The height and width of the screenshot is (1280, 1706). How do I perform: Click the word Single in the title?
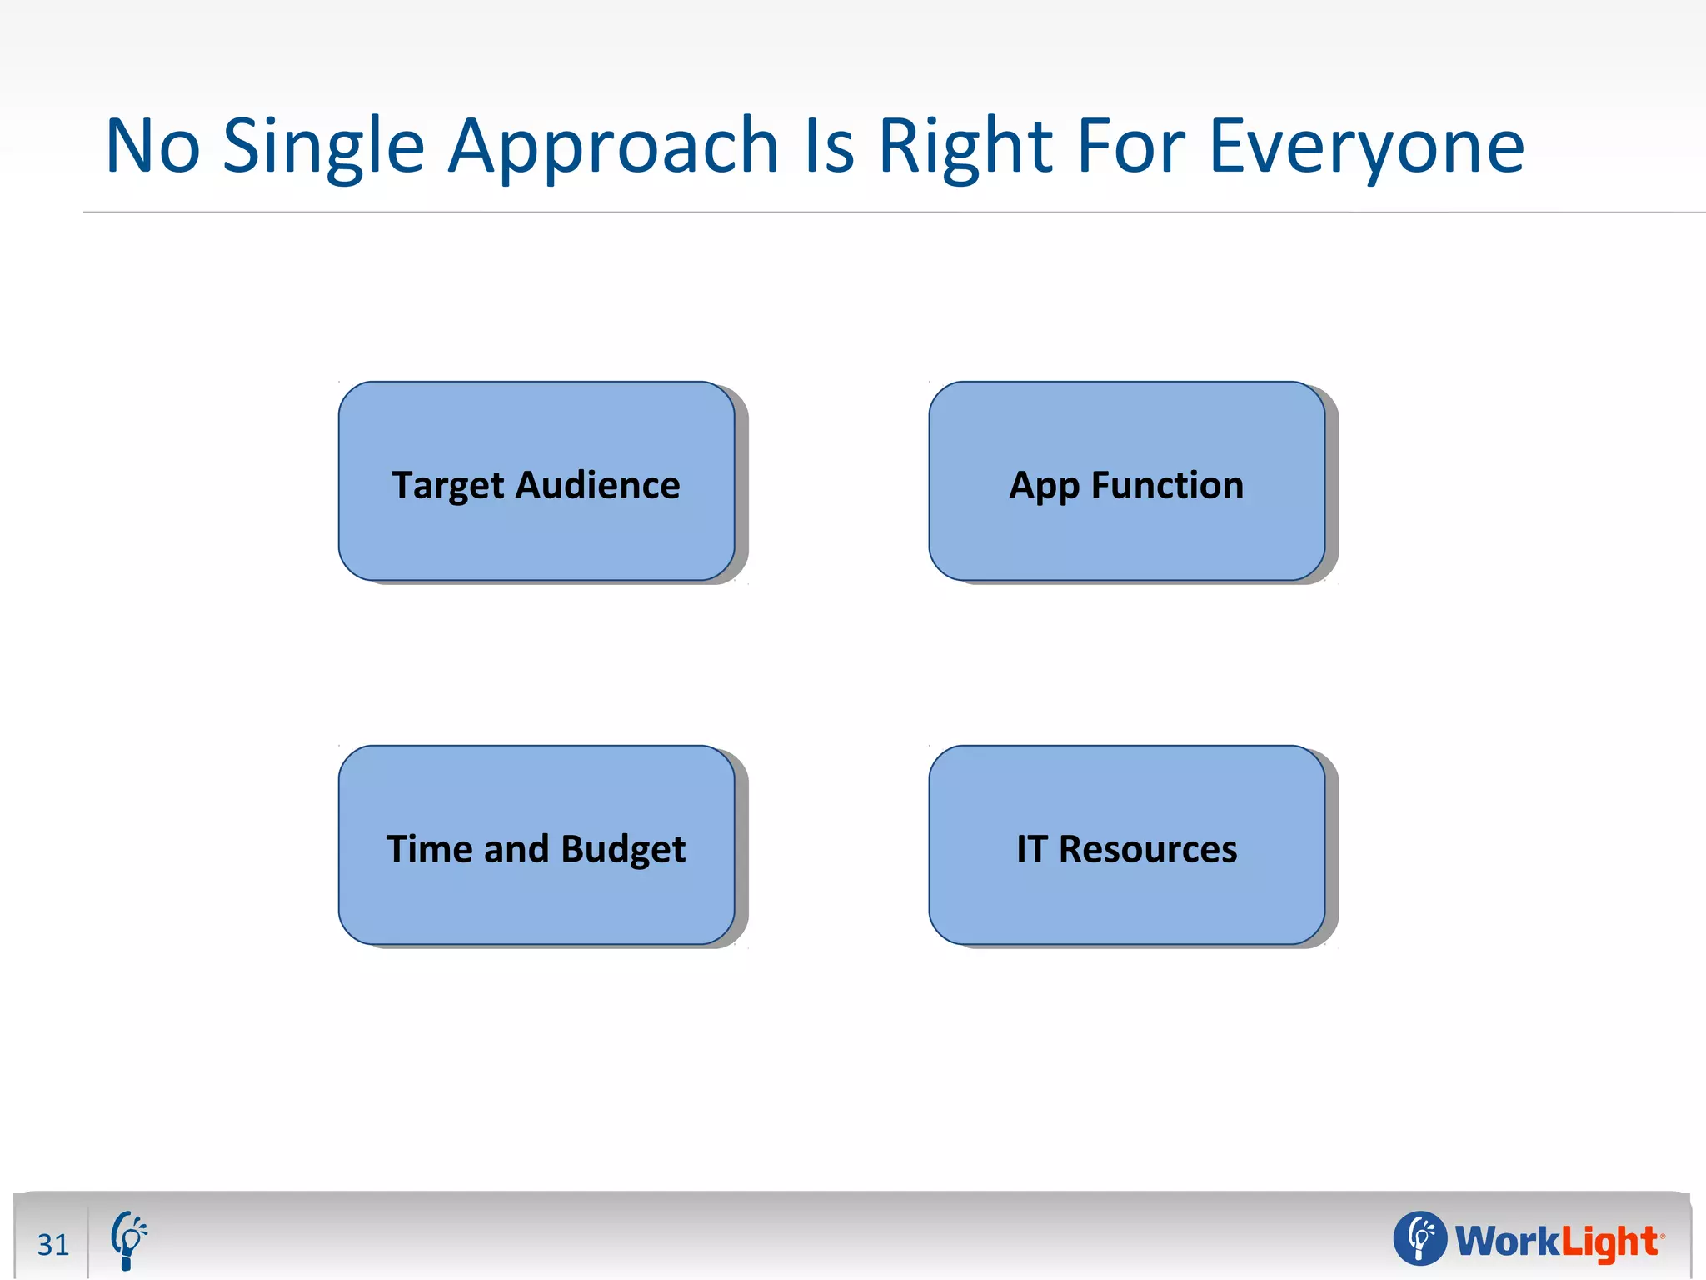tap(323, 147)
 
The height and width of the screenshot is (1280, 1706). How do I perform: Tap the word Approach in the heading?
tap(613, 147)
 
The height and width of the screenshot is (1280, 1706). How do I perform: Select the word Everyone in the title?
tap(1366, 147)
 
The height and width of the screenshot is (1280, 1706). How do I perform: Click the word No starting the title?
tap(153, 147)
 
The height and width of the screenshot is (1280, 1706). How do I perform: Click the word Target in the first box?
tap(448, 486)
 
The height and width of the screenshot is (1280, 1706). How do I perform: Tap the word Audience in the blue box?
tap(598, 485)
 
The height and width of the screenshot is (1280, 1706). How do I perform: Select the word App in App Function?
tap(1044, 487)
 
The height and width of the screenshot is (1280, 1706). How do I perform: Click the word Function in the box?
tap(1167, 485)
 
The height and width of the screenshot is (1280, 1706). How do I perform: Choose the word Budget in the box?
tap(623, 850)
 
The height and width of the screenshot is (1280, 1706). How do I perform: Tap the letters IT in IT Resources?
tap(1031, 849)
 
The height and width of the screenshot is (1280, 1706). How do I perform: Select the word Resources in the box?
tap(1148, 849)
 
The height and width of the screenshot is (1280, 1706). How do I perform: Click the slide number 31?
tap(53, 1244)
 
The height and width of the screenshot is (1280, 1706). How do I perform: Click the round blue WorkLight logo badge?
tap(1420, 1237)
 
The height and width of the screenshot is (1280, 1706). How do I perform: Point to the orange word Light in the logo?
tap(1608, 1242)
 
